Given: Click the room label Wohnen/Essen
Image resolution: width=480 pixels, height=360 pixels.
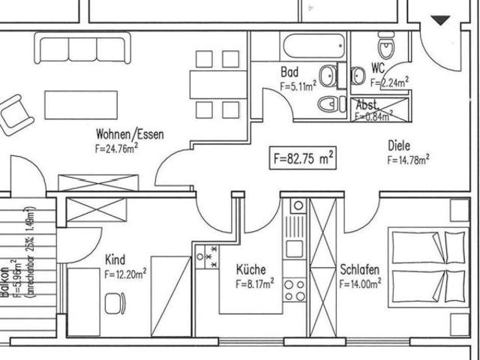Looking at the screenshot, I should click(x=130, y=134).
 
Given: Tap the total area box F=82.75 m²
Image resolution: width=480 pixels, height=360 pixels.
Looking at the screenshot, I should click(x=302, y=158).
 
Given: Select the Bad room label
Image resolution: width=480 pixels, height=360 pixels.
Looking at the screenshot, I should click(x=289, y=73).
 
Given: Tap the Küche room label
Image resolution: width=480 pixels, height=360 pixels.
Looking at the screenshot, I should click(x=250, y=269).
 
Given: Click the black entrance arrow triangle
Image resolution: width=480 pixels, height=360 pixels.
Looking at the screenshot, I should click(x=440, y=21).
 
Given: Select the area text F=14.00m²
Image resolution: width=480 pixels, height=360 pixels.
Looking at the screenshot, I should click(x=361, y=283).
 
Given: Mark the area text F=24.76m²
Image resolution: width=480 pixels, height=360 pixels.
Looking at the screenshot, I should click(x=116, y=148).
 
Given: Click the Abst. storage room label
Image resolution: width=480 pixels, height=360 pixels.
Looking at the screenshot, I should click(x=367, y=105).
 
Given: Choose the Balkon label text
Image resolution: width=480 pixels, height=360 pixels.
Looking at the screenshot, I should click(x=6, y=281).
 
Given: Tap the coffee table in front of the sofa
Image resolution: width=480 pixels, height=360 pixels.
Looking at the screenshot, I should click(x=81, y=104).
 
